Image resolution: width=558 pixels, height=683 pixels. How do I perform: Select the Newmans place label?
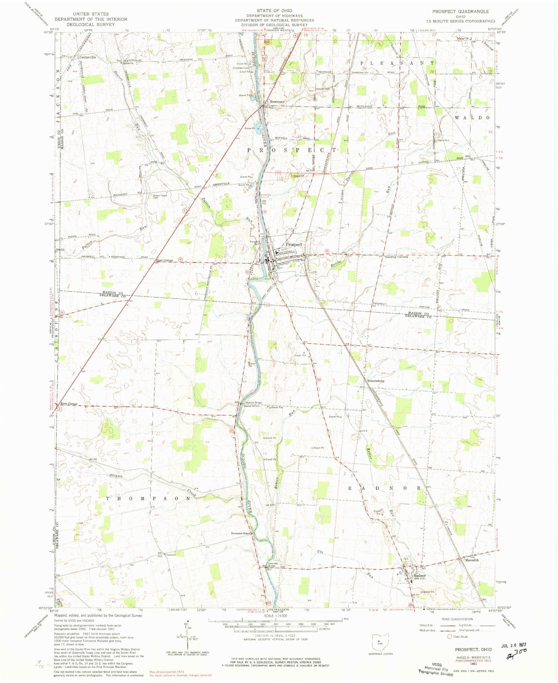(x=277, y=102)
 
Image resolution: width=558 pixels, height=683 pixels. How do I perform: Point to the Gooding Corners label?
(x=397, y=256)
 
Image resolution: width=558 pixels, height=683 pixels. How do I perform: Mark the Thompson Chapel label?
(x=241, y=533)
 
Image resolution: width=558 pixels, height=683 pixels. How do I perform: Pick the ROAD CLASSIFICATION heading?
(x=456, y=619)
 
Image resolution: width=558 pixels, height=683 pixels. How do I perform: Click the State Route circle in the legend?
(x=449, y=637)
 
